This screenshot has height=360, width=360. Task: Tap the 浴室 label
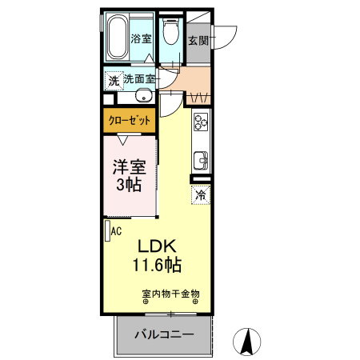point(142,38)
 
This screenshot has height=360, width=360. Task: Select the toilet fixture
point(170,34)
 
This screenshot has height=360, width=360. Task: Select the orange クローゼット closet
point(128,121)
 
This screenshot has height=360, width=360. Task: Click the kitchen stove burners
point(200,123)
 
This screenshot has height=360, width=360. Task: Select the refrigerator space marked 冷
point(201,194)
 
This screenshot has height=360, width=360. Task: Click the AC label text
point(116,232)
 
